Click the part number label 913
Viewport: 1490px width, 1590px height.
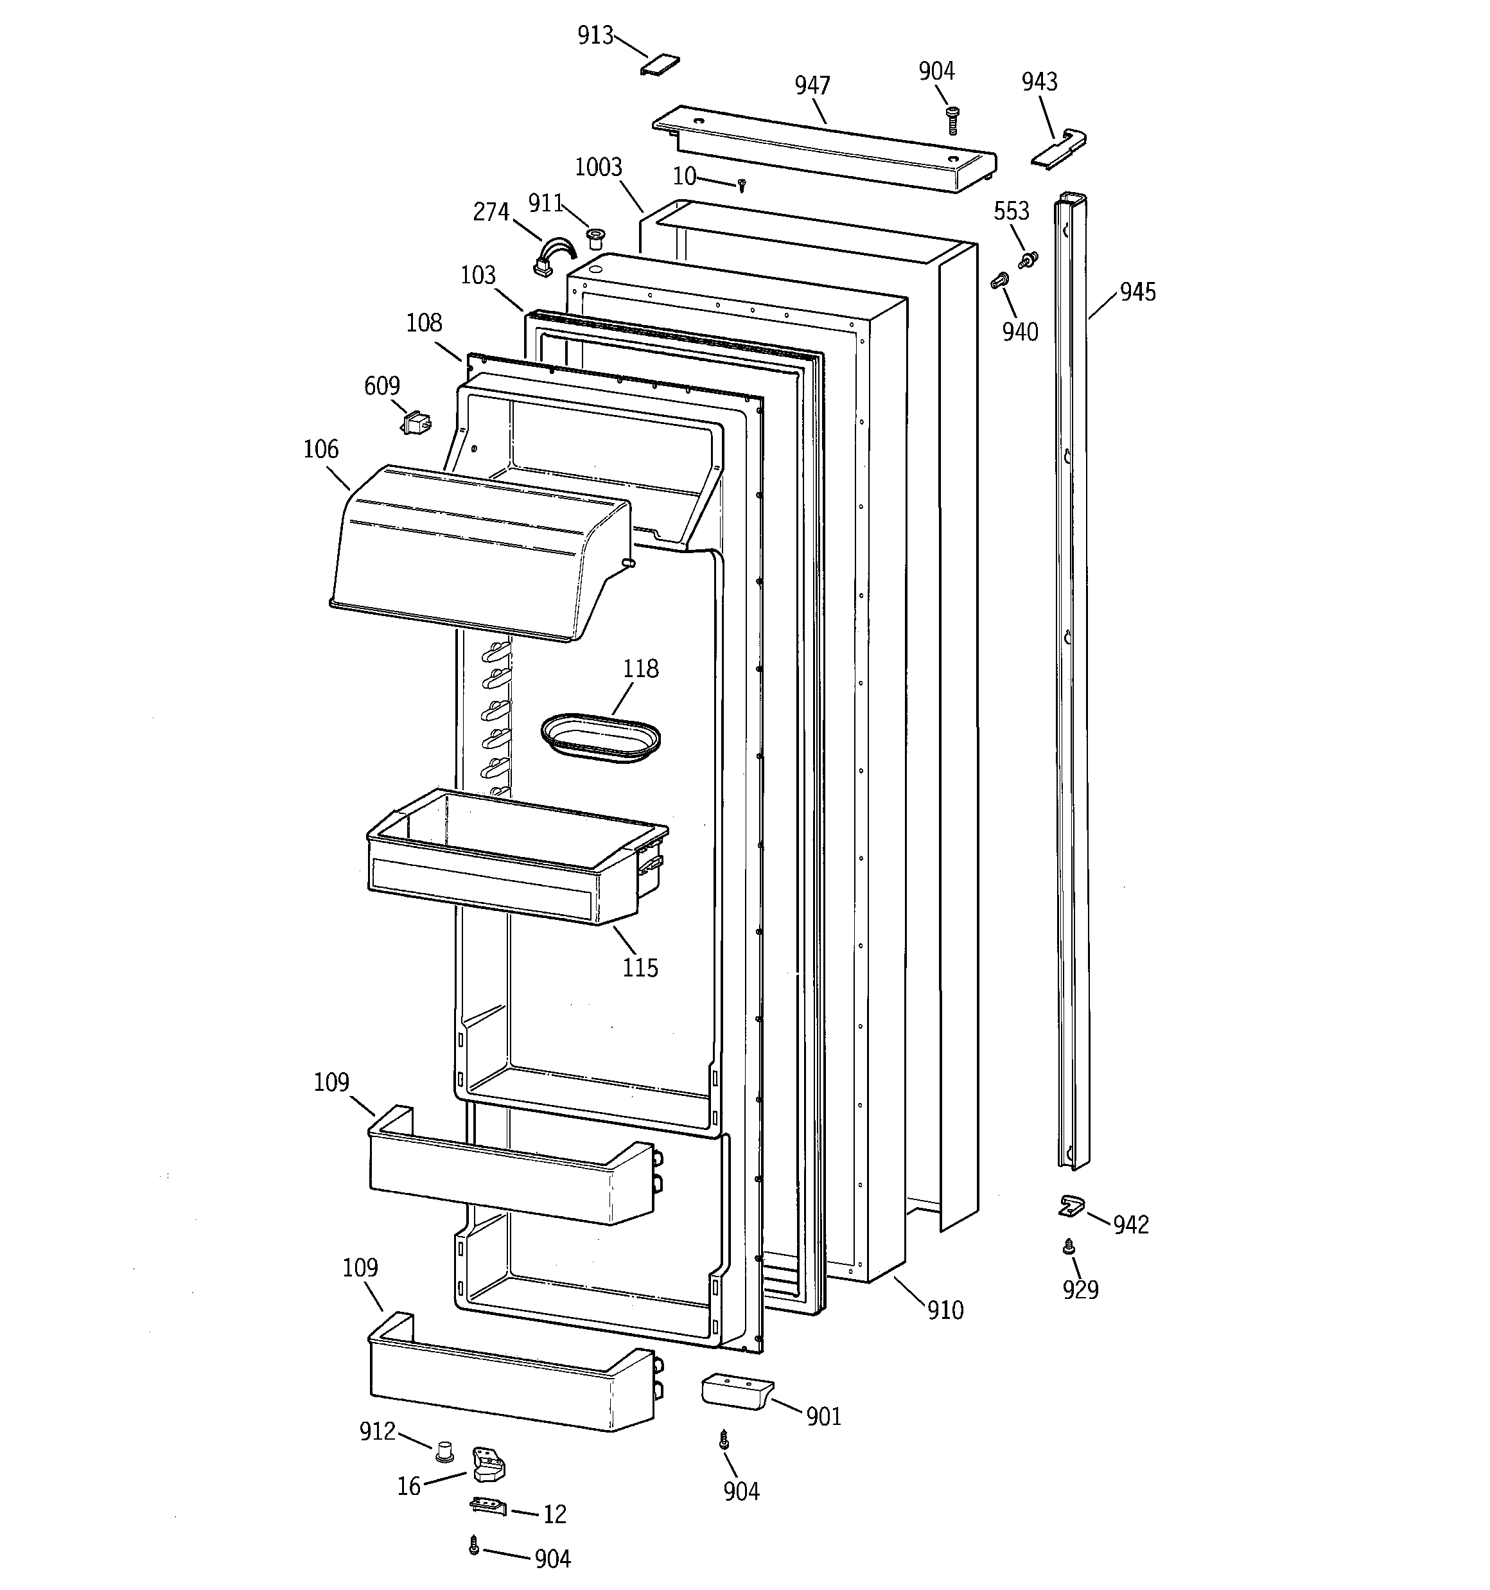[595, 36]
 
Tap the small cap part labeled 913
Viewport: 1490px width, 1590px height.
[660, 65]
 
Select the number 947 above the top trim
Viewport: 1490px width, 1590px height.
[812, 85]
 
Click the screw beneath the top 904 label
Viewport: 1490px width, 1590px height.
[952, 121]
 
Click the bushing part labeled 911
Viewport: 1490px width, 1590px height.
[594, 238]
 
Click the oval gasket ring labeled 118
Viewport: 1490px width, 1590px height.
[600, 738]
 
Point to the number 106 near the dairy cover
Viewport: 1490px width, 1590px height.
[320, 450]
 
